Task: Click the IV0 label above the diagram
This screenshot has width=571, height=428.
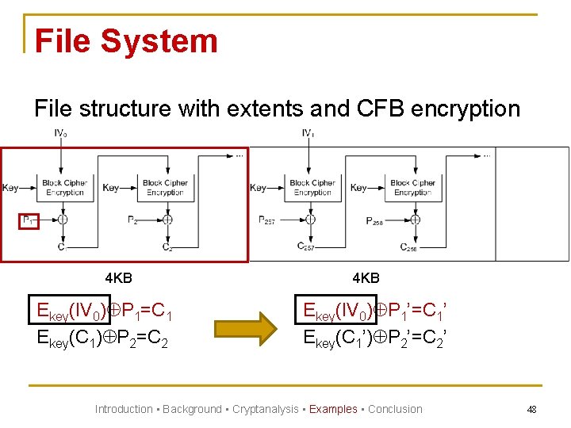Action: pyautogui.click(x=60, y=133)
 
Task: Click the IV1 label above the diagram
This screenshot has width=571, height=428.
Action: pyautogui.click(x=308, y=133)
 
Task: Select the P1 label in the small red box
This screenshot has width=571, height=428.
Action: pyautogui.click(x=28, y=220)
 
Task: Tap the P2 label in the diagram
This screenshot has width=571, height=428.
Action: pyautogui.click(x=132, y=220)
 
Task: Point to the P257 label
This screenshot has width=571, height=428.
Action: pyautogui.click(x=267, y=220)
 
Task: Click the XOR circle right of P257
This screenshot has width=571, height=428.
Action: pyautogui.click(x=311, y=220)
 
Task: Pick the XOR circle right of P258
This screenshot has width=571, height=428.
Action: pyautogui.click(x=414, y=220)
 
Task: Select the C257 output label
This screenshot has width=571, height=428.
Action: pyautogui.click(x=307, y=246)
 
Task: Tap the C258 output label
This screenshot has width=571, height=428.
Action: pyautogui.click(x=409, y=247)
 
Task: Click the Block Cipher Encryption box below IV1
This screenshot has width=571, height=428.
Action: pyautogui.click(x=312, y=188)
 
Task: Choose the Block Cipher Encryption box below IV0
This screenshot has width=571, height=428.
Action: pyautogui.click(x=64, y=188)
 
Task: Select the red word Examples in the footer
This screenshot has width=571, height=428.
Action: pyautogui.click(x=333, y=409)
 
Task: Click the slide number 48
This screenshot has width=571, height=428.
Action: pyautogui.click(x=531, y=410)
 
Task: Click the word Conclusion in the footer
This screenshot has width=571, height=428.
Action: pyautogui.click(x=395, y=409)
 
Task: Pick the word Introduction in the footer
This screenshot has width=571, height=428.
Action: pyautogui.click(x=124, y=409)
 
